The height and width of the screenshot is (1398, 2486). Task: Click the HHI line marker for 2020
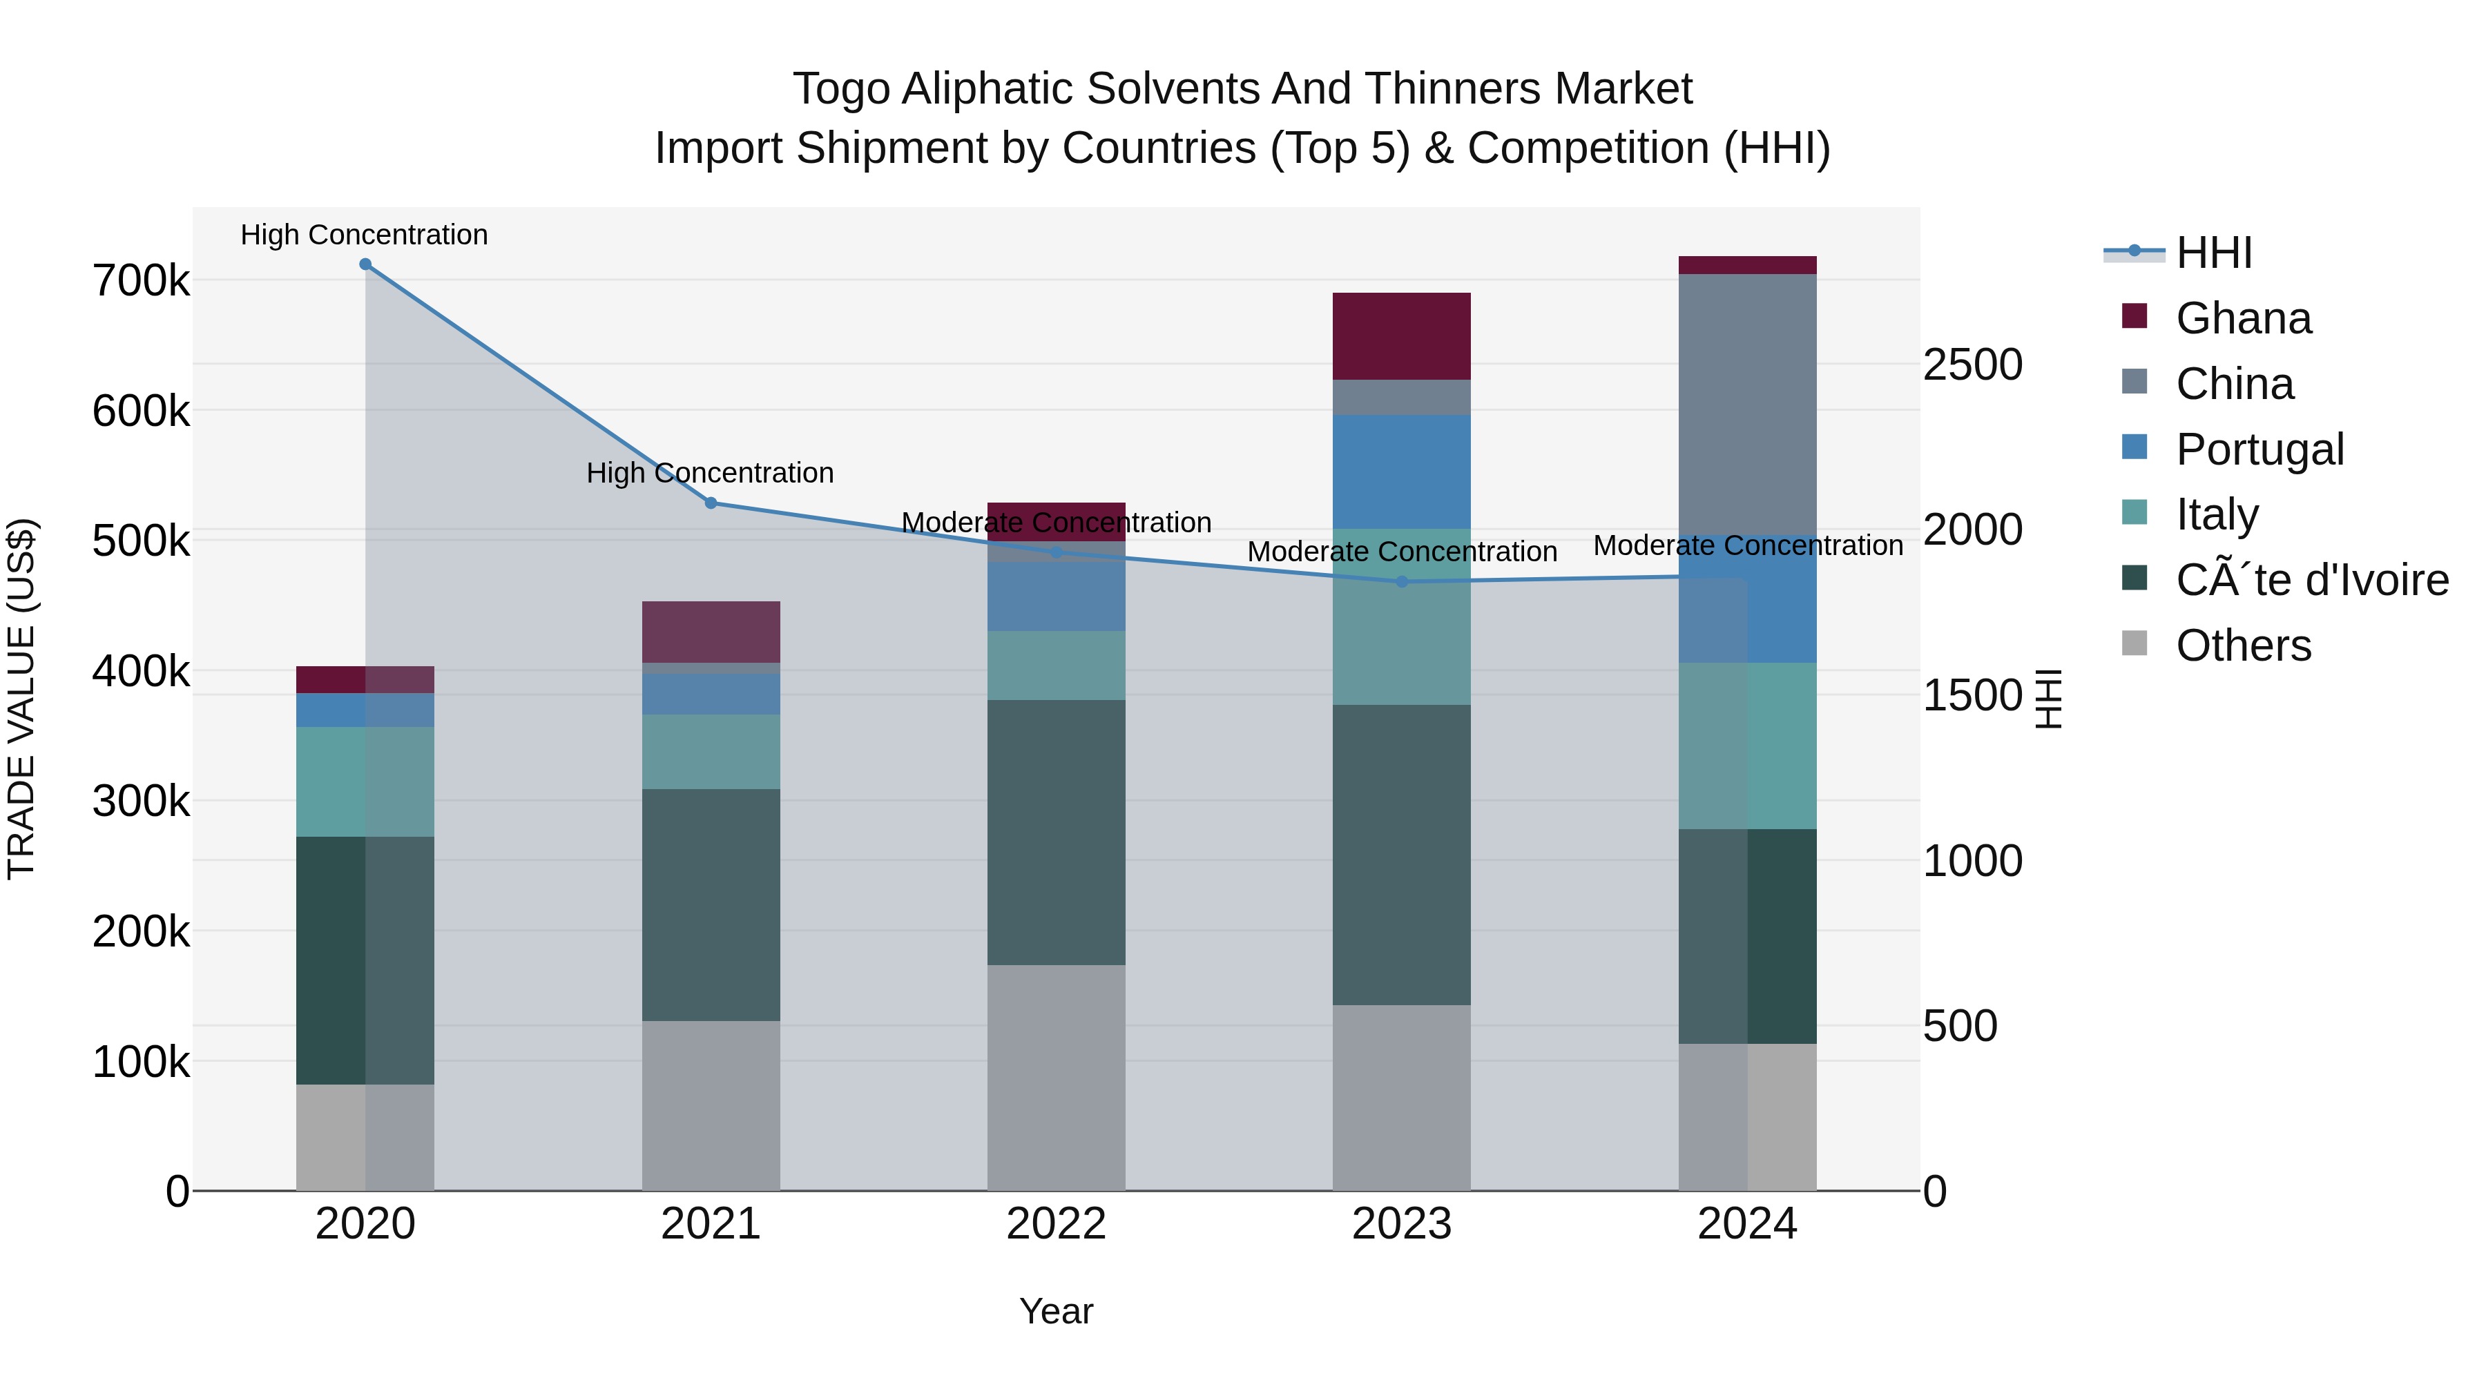[x=365, y=264]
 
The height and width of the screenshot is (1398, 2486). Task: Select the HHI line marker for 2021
[x=711, y=503]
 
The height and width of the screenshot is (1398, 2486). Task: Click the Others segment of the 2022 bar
[x=1056, y=1077]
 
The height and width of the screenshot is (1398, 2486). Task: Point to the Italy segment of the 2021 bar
[x=711, y=752]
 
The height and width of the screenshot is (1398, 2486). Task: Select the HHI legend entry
[x=2214, y=253]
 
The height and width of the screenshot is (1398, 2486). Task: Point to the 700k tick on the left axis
[x=141, y=282]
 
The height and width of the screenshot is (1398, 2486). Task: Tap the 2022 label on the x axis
[x=1056, y=1224]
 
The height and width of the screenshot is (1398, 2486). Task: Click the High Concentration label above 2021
[x=711, y=473]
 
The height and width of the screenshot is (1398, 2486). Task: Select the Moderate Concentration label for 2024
[x=1747, y=545]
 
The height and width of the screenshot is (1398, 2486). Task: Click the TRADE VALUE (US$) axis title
[x=21, y=699]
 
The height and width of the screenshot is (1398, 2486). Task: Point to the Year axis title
[x=1056, y=1311]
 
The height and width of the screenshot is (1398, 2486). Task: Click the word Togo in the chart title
[x=840, y=89]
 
